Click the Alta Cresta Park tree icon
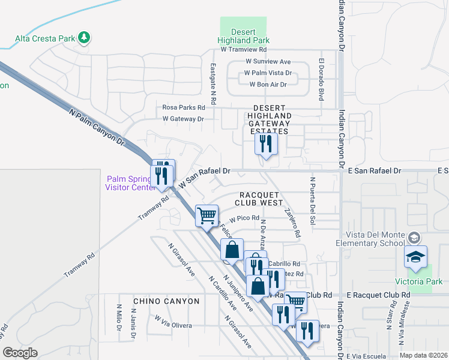85,38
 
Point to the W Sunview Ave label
268,61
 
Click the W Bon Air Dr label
268,84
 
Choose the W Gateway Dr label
183,119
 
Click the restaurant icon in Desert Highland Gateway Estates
265,144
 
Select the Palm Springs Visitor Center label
131,182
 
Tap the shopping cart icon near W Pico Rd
207,215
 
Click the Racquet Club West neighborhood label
261,199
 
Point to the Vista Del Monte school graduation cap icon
415,257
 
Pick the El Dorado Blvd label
322,79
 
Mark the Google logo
20,353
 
